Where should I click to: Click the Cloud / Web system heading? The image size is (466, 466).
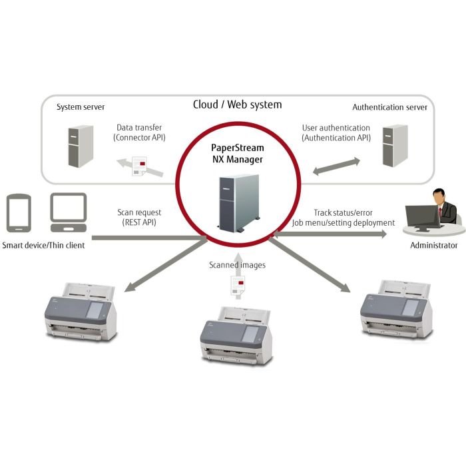click(237, 105)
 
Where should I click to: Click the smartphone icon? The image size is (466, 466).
click(17, 213)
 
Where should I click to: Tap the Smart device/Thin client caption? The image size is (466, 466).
click(44, 246)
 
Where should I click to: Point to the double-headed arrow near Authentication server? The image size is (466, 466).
click(336, 166)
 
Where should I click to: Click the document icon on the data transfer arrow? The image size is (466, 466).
click(138, 166)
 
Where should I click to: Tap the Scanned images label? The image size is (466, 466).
click(237, 265)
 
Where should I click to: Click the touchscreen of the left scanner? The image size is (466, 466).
click(97, 308)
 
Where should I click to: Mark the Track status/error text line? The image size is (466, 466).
click(344, 212)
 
